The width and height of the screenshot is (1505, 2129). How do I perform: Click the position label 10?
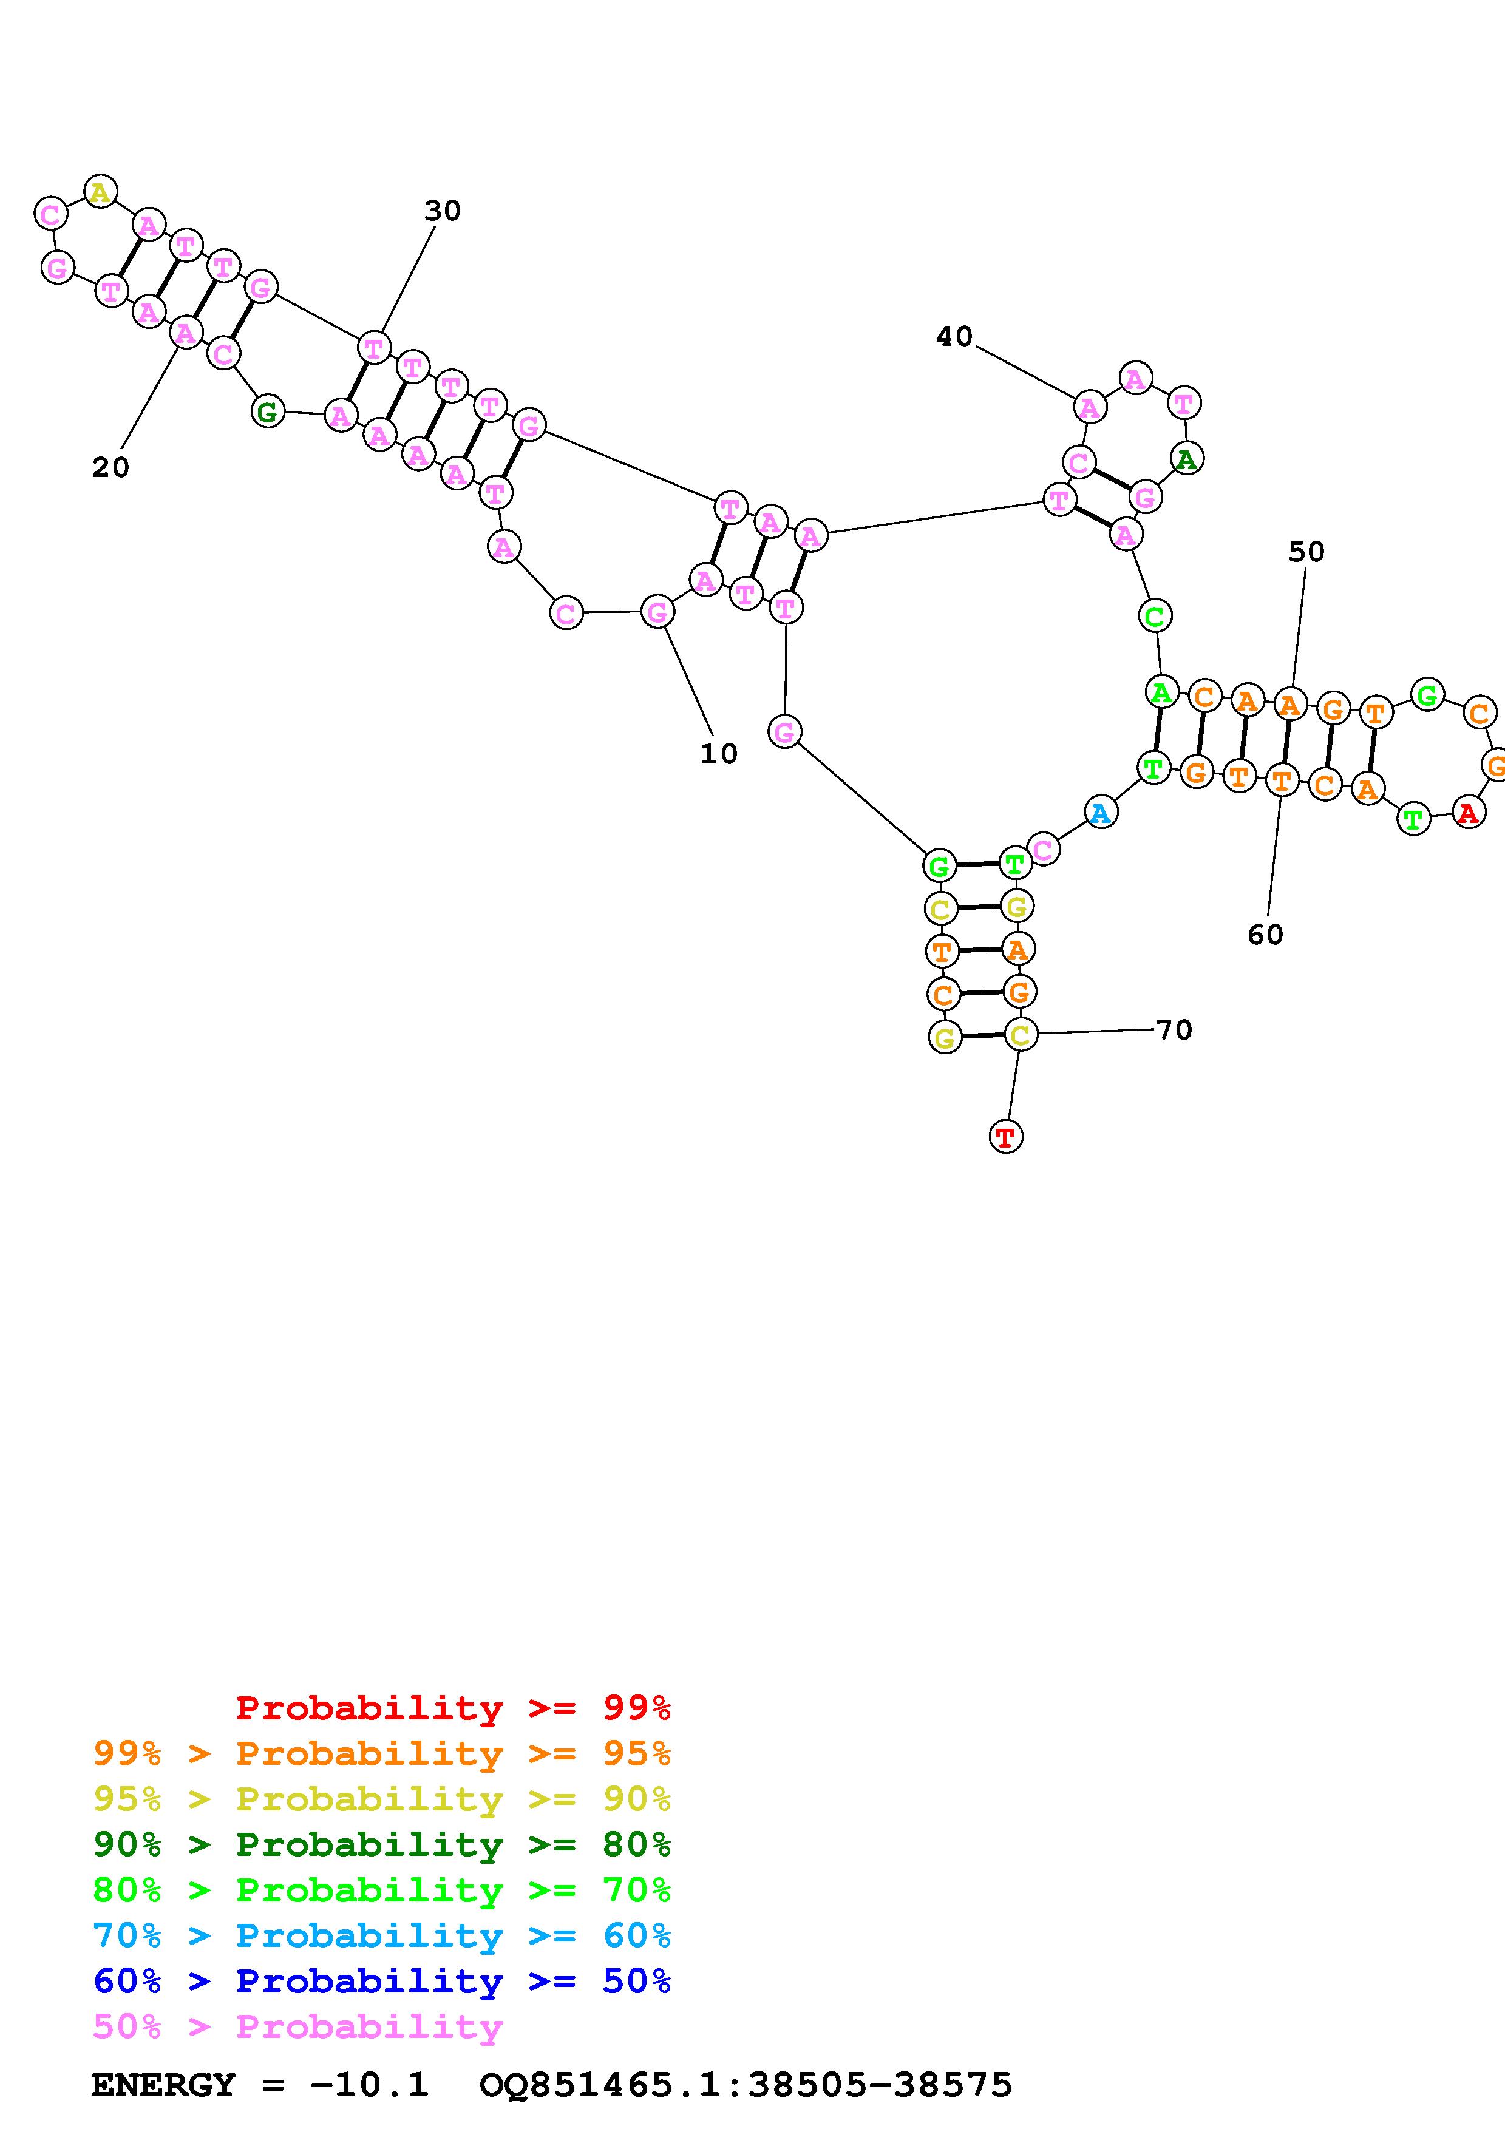click(719, 754)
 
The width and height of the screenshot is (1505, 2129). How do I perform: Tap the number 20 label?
click(110, 467)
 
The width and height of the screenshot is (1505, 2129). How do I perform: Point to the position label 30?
click(443, 211)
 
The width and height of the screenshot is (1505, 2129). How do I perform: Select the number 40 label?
click(954, 337)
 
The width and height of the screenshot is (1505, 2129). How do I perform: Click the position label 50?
click(1306, 553)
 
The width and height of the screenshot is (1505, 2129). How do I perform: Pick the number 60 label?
click(1265, 935)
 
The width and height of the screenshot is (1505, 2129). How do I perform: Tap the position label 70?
click(1174, 1030)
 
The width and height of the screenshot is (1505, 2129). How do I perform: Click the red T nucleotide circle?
click(1006, 1136)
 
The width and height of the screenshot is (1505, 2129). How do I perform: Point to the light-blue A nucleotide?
click(1101, 813)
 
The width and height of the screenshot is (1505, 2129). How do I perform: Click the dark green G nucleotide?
click(267, 411)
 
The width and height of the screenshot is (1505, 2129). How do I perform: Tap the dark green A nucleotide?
click(1186, 458)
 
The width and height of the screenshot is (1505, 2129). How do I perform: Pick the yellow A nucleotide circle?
click(100, 192)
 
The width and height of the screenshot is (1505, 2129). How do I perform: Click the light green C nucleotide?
click(1155, 616)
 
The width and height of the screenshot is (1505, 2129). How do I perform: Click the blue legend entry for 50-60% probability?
click(381, 1981)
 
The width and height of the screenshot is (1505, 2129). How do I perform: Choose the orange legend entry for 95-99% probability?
click(381, 1753)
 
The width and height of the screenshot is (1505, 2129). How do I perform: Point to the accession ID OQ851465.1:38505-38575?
click(746, 2085)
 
